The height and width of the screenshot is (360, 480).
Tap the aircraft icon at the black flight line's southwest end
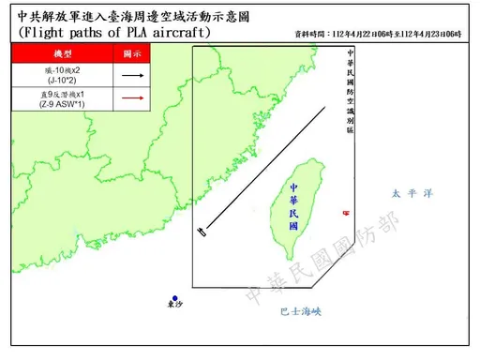click(x=201, y=232)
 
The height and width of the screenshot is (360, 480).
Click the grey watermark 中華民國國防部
click(x=323, y=261)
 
